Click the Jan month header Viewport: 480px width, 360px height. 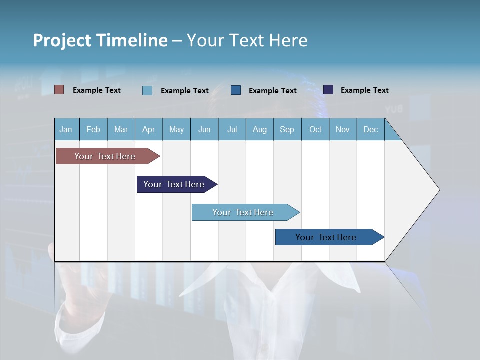(x=66, y=130)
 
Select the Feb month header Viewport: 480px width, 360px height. (x=93, y=130)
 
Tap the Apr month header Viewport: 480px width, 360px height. (x=149, y=130)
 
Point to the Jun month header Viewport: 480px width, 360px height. (x=204, y=130)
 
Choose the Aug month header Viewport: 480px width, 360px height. (x=260, y=130)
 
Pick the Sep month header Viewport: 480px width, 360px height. (x=287, y=130)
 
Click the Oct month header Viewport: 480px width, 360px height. (x=315, y=130)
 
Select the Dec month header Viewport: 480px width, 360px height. (x=371, y=130)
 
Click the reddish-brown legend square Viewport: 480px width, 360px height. (x=59, y=90)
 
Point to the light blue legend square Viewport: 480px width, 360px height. (x=147, y=90)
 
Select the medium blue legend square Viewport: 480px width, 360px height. (x=236, y=90)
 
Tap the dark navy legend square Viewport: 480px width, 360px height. (x=328, y=90)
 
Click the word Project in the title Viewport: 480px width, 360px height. (x=62, y=40)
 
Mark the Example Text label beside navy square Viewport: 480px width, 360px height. (x=364, y=90)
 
